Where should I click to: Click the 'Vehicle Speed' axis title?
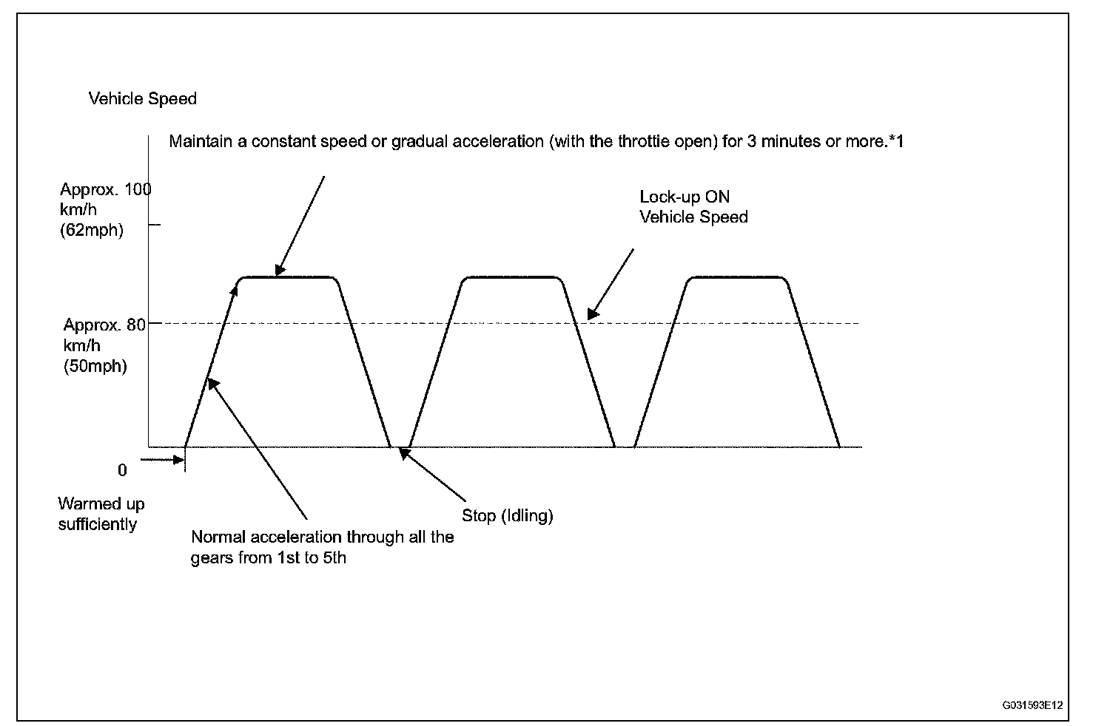click(x=142, y=99)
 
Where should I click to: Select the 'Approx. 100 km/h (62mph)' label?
click(x=104, y=210)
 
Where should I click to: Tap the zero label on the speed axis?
click(x=122, y=470)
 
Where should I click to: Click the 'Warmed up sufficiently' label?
click(x=101, y=515)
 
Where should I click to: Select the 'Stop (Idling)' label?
click(x=507, y=516)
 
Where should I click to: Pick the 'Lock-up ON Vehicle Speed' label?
click(x=693, y=207)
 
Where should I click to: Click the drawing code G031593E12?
click(x=1032, y=705)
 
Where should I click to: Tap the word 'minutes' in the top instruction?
click(x=790, y=141)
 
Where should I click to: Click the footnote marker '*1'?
click(x=895, y=141)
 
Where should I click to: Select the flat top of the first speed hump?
click(x=289, y=277)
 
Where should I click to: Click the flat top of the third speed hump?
click(x=736, y=277)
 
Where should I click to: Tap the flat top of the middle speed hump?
click(x=512, y=277)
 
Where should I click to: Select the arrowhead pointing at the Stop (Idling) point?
click(x=404, y=452)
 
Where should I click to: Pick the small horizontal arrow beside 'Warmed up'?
click(x=163, y=459)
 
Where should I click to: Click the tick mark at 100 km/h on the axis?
click(x=154, y=224)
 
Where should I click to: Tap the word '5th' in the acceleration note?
click(x=332, y=558)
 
